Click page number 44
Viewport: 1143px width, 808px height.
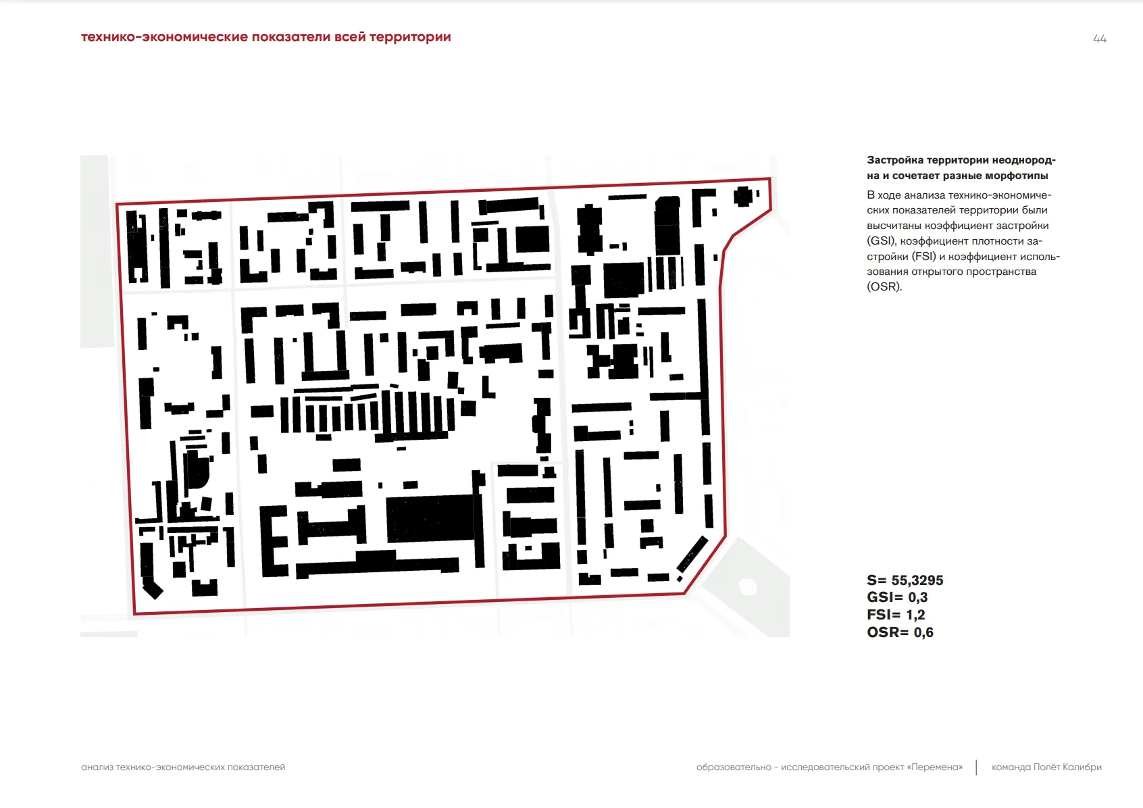coord(1099,39)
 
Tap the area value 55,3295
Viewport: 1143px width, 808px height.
coord(917,580)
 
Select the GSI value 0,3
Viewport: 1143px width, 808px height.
coord(917,597)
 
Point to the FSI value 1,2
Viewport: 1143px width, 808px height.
coord(915,615)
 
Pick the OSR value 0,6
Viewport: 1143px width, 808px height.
coord(923,632)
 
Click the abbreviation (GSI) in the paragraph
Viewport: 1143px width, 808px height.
coord(882,241)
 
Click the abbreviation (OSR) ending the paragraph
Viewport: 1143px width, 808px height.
coord(884,286)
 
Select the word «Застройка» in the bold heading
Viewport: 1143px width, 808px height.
coord(894,160)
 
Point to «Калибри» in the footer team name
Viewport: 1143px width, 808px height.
coord(1082,767)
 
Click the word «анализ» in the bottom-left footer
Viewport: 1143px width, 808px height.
coord(97,767)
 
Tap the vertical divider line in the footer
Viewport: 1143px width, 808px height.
coord(976,767)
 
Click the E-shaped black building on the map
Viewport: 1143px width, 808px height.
coord(272,541)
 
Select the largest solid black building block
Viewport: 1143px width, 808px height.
coord(430,518)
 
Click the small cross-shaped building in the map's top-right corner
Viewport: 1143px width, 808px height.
coord(743,196)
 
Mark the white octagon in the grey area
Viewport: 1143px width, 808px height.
coord(747,586)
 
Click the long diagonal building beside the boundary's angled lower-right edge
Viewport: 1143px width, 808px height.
coord(692,554)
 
